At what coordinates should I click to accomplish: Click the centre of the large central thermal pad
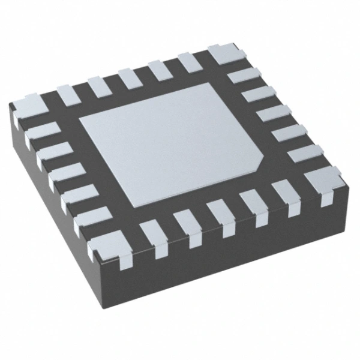(x=171, y=144)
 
